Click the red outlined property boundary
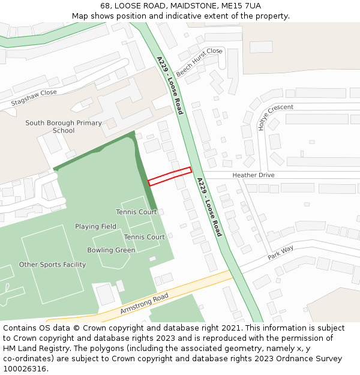point(170,176)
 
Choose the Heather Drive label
point(253,175)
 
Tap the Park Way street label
point(280,251)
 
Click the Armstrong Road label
point(144,304)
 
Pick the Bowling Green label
point(111,250)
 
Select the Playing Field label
point(95,227)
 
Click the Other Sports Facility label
point(52,265)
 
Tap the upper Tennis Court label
point(136,212)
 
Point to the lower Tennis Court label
point(144,237)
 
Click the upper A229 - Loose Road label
point(170,85)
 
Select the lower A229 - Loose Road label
point(209,207)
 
